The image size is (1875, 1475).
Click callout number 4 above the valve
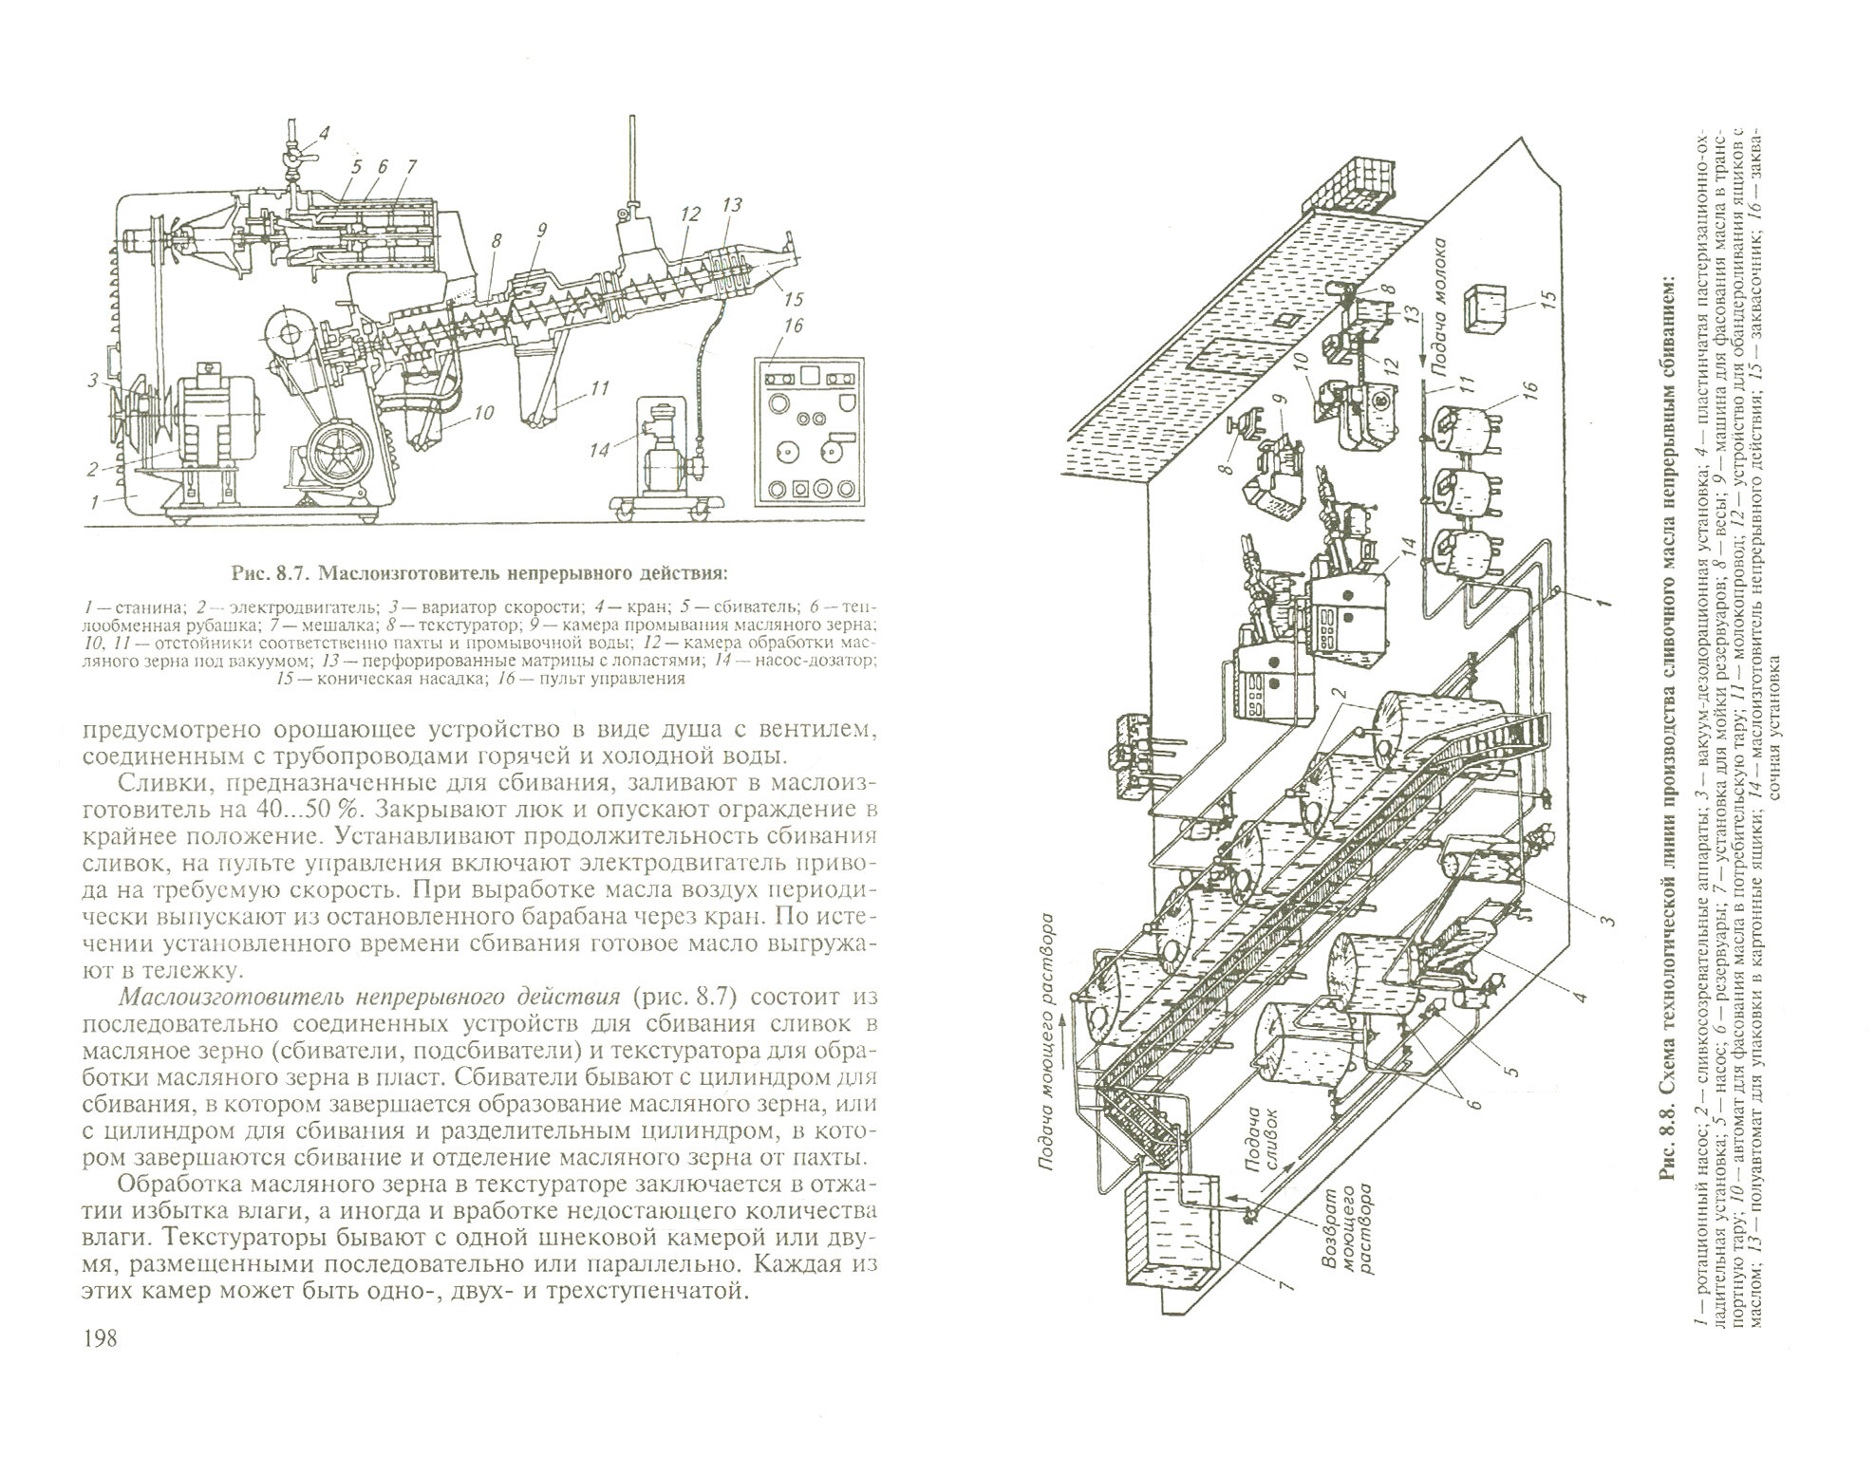click(x=323, y=133)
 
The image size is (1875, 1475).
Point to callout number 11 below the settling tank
click(x=598, y=387)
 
